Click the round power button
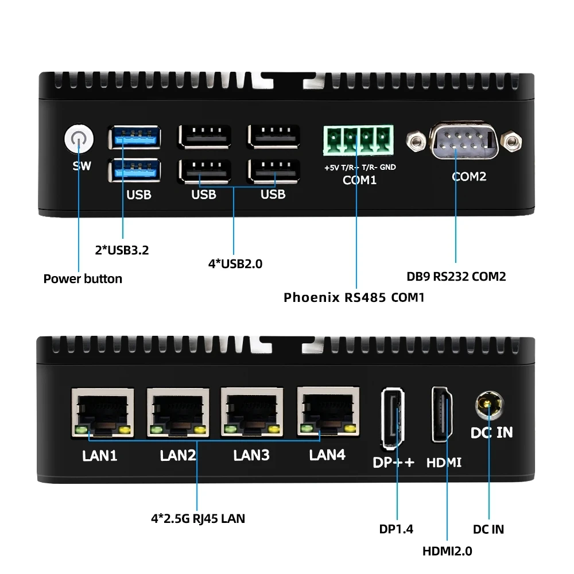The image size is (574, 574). [x=78, y=141]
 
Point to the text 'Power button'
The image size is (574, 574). [x=83, y=279]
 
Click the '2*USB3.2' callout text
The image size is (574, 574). [x=122, y=250]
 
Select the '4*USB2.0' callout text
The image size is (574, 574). [x=235, y=264]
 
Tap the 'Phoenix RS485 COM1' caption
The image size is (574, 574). [x=354, y=297]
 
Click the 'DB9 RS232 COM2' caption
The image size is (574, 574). [x=456, y=277]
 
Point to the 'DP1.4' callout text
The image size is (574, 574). [x=396, y=529]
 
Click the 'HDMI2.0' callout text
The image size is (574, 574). [x=447, y=551]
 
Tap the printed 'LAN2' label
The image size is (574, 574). [x=178, y=456]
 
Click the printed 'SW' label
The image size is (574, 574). [x=82, y=166]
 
